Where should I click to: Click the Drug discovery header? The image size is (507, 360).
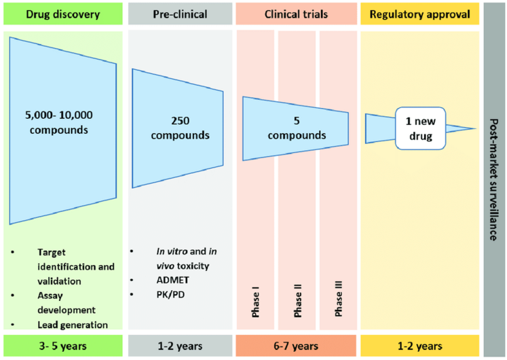(x=63, y=14)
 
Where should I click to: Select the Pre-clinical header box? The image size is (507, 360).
(x=180, y=14)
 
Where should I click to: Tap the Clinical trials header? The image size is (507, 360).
(x=296, y=14)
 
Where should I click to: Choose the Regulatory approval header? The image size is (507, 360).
(x=419, y=14)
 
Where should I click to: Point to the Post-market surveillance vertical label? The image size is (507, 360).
(x=493, y=179)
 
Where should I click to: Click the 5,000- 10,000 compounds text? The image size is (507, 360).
(x=59, y=122)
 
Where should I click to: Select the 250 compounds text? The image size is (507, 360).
(x=180, y=128)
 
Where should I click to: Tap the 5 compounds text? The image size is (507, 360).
(x=297, y=128)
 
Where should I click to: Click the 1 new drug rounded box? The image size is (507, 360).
(x=420, y=128)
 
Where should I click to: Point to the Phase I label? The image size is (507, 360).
(x=255, y=302)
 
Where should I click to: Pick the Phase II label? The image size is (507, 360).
(x=297, y=301)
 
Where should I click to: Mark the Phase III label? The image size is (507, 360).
(x=338, y=299)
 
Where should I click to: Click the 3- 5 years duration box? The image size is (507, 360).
(x=63, y=346)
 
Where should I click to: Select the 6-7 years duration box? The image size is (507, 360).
(x=296, y=346)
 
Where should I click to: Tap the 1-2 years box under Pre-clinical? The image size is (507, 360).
(x=180, y=346)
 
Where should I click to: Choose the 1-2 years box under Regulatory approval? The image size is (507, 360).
(x=419, y=346)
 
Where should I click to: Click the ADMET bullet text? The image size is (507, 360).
(x=172, y=280)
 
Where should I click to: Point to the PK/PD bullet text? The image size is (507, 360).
(x=170, y=294)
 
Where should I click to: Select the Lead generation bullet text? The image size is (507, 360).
(x=73, y=325)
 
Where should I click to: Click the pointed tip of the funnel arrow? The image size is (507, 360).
(x=476, y=128)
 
